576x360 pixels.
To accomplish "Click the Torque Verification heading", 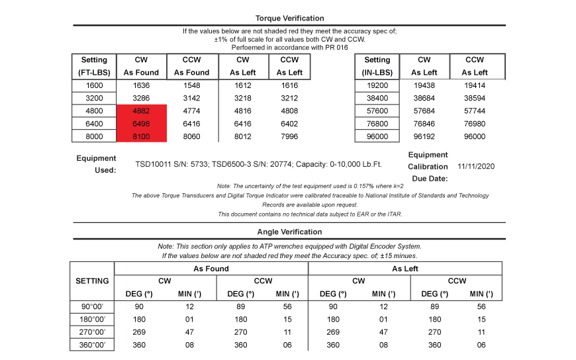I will [x=289, y=18].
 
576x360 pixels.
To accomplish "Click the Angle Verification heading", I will [x=289, y=232].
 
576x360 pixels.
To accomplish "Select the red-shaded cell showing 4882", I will [x=141, y=111].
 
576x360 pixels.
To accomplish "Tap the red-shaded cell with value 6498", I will [x=141, y=123].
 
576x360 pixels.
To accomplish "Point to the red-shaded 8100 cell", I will [x=141, y=136].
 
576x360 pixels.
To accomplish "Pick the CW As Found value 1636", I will [x=141, y=85].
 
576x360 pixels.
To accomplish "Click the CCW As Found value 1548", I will [x=191, y=85].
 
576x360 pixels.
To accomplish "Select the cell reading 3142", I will [x=191, y=98].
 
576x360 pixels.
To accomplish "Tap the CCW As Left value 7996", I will [x=289, y=136].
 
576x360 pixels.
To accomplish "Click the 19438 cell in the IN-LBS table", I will [x=424, y=85].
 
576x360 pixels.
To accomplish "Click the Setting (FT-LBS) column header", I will [x=94, y=66].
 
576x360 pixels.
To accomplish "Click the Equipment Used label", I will [x=97, y=164].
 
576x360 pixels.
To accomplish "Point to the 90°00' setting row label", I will [x=92, y=307].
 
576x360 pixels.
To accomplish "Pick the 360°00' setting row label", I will [x=92, y=345].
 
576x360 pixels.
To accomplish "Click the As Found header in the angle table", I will [x=211, y=269].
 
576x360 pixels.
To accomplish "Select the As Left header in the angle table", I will [x=405, y=269].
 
